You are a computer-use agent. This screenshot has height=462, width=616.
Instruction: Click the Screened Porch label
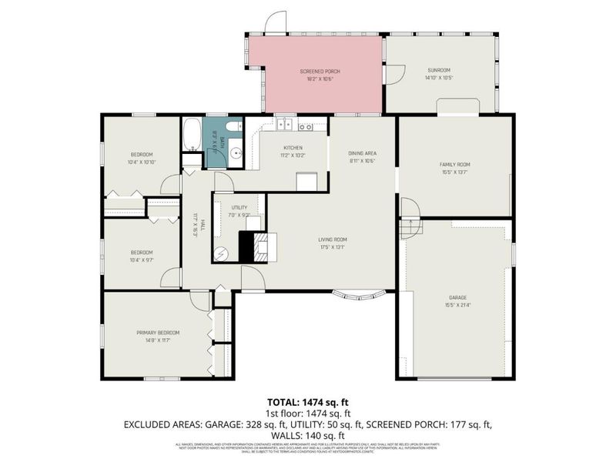320,71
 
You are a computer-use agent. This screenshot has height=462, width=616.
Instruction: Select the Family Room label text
454,164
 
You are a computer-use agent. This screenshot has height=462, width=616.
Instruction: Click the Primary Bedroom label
158,332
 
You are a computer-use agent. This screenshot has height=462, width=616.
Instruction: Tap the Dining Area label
362,153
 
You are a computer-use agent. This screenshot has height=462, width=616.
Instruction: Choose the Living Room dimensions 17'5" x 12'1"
333,246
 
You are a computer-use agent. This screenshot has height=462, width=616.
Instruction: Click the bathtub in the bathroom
192,135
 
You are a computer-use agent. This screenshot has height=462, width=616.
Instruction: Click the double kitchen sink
284,123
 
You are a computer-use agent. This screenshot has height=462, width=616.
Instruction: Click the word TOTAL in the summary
283,402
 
